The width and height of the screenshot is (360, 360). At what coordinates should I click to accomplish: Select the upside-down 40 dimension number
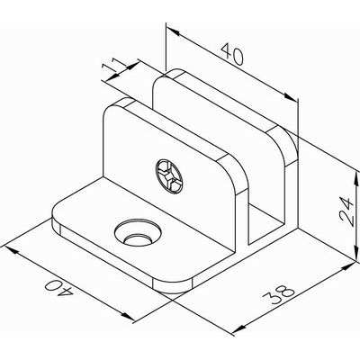click(58, 287)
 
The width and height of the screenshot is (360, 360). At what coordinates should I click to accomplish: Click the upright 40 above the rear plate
click(232, 54)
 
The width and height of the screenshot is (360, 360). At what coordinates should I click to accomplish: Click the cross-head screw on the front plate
click(169, 175)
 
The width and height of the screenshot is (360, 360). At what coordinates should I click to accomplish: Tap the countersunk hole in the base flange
click(138, 233)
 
